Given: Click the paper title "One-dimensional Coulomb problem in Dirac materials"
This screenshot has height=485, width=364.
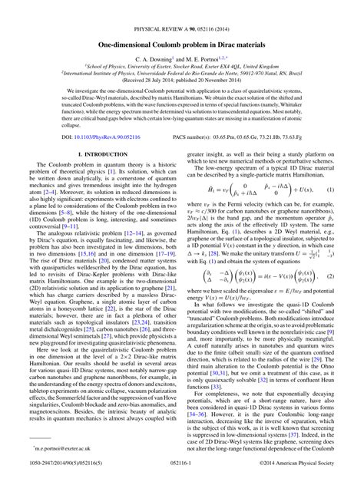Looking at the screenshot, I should pos(182,45).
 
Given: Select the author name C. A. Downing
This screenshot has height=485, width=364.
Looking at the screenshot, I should pos(155,58).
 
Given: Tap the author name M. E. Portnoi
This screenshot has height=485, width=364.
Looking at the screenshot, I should pos(203,58).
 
